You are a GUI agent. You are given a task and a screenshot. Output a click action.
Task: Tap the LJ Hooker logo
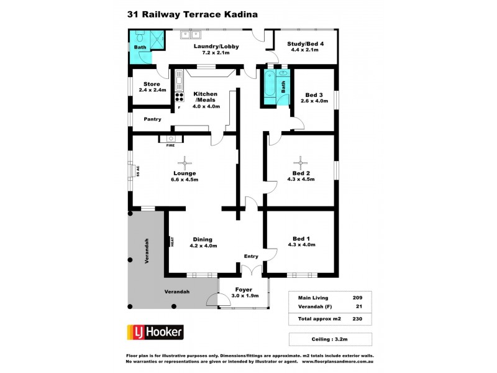155,332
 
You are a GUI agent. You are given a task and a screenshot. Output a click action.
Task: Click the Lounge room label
185,173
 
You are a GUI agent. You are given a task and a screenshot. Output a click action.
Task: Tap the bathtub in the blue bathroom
270,88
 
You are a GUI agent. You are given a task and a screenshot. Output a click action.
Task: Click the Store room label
152,84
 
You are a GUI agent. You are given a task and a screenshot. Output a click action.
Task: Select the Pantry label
152,119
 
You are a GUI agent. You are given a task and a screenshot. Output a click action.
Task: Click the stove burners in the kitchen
180,97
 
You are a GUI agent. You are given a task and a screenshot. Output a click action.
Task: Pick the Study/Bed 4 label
303,44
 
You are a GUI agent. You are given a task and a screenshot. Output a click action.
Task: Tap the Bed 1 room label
301,239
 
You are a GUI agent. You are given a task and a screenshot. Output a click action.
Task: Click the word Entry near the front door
250,256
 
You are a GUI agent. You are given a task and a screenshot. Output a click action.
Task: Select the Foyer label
243,289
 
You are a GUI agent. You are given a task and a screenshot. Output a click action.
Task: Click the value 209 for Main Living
358,297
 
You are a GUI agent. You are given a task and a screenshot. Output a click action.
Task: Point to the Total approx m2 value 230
357,319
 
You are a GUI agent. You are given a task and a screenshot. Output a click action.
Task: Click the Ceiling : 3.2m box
331,339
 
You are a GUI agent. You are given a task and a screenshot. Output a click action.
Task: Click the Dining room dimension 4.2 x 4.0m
203,246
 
